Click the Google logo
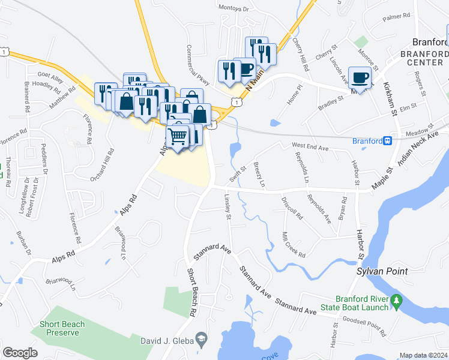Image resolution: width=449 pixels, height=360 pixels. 20,353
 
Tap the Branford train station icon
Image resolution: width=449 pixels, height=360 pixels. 388,141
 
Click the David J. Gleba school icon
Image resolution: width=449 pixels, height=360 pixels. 203,341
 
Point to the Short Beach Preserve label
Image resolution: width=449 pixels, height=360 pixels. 62,328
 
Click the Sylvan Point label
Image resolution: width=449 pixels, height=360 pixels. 382,271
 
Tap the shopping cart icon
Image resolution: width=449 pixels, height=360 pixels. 178,137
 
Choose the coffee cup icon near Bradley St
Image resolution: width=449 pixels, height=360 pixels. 360,78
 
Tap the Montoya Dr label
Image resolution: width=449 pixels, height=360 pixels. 234,9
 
